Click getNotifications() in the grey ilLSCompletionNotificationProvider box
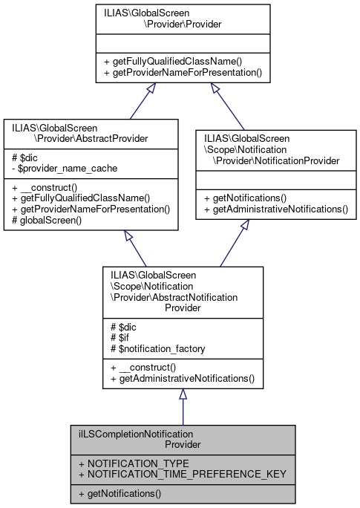(x=120, y=492)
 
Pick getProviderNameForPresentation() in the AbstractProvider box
(x=91, y=209)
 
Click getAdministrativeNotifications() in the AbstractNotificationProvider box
(x=182, y=379)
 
